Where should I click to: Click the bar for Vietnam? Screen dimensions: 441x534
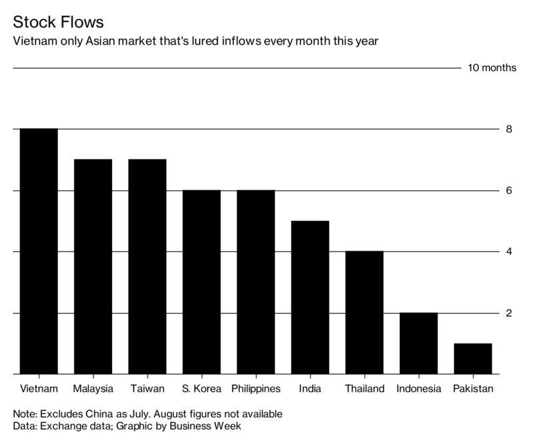point(39,251)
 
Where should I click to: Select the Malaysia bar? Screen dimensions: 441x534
point(93,267)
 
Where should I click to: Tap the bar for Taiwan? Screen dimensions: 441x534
point(147,267)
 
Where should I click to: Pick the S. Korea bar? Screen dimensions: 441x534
point(201,282)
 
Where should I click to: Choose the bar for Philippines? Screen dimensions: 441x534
point(255,282)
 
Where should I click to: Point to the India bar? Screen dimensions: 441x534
point(310,298)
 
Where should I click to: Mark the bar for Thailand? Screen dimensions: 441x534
point(364,313)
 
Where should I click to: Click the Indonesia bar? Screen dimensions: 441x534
point(419,344)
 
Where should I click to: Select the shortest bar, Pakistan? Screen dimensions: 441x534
point(473,359)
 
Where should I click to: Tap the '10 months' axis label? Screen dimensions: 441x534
point(493,69)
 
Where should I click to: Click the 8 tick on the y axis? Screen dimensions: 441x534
point(509,129)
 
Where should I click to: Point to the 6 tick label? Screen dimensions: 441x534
point(509,191)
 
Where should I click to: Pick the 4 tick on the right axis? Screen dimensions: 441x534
point(509,252)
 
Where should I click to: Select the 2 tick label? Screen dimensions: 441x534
point(509,314)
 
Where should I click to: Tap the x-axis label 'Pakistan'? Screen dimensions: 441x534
point(473,388)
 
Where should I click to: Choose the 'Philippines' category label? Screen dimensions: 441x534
point(255,388)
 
